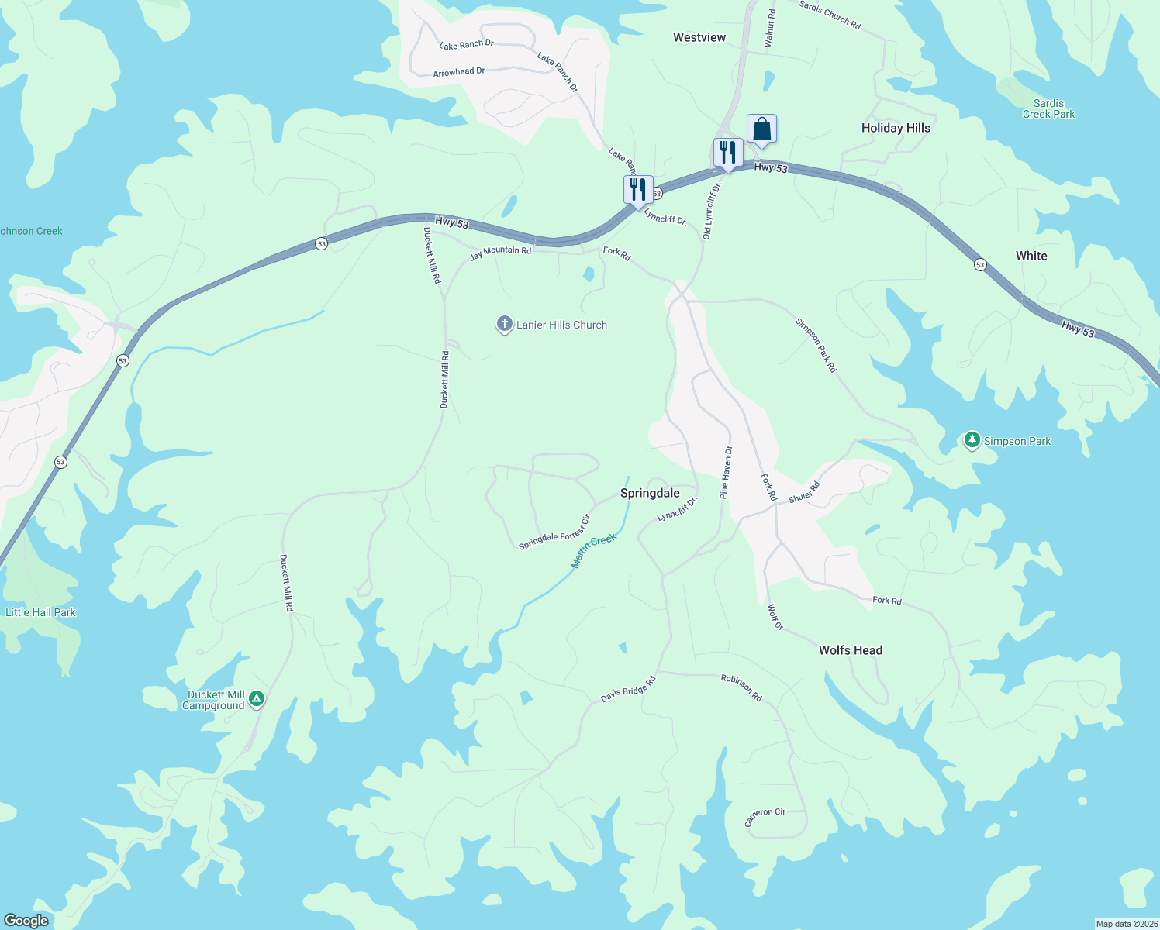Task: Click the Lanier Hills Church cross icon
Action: pyautogui.click(x=504, y=325)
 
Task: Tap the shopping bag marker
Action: pyautogui.click(x=761, y=129)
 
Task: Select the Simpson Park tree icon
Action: pyautogui.click(x=972, y=440)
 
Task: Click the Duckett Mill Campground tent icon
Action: pyautogui.click(x=257, y=699)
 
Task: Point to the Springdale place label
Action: pyautogui.click(x=650, y=493)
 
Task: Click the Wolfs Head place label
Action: pyautogui.click(x=851, y=650)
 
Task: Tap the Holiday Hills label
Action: pyautogui.click(x=896, y=128)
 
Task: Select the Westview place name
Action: pyautogui.click(x=699, y=37)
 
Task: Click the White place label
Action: pyautogui.click(x=1031, y=256)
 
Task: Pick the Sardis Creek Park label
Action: pyautogui.click(x=1048, y=108)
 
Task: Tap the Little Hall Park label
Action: pyautogui.click(x=41, y=612)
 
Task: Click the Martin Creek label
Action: pyautogui.click(x=593, y=551)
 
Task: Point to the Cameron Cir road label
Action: pyautogui.click(x=765, y=817)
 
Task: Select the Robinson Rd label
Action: pyautogui.click(x=741, y=687)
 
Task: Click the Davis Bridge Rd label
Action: pyautogui.click(x=628, y=689)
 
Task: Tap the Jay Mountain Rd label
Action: pyautogui.click(x=500, y=252)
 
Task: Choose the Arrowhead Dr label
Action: pyautogui.click(x=459, y=72)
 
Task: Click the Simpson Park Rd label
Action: pyautogui.click(x=816, y=345)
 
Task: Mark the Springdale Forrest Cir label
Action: pyautogui.click(x=554, y=532)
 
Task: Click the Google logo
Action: pyautogui.click(x=26, y=921)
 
